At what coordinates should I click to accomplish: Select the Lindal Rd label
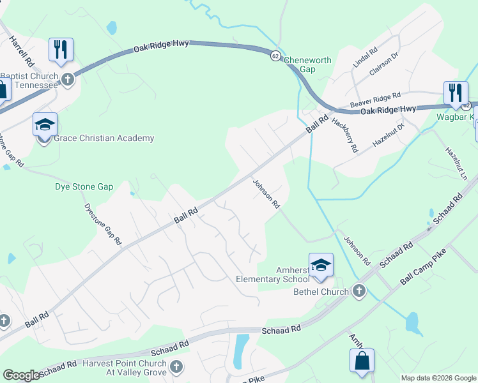point(365,57)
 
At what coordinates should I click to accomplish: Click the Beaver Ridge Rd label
point(374,99)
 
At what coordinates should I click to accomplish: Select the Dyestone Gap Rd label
point(102,224)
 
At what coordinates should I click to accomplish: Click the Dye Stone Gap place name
point(84,187)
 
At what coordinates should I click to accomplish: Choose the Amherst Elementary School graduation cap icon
point(321,264)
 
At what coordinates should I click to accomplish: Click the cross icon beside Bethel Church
point(358,292)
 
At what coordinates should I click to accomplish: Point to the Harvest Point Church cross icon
point(176,366)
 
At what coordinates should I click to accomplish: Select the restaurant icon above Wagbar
point(455,92)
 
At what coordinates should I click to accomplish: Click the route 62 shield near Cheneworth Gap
point(275,55)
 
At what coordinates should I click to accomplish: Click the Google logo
point(21,375)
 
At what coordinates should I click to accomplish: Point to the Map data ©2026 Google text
point(438,378)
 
